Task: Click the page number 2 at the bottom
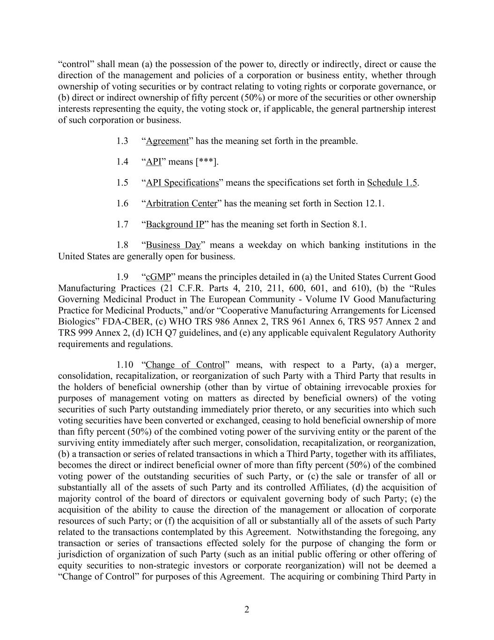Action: point(247,610)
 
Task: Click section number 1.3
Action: point(122,141)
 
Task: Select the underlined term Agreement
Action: point(167,141)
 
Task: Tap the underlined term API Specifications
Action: point(182,183)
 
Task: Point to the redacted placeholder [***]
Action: point(206,162)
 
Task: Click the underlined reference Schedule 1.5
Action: point(392,183)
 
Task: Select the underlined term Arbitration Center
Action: point(182,203)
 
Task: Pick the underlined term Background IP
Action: point(175,224)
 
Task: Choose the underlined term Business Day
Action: point(173,245)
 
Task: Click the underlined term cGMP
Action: point(158,277)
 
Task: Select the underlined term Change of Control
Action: point(185,365)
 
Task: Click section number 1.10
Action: point(125,365)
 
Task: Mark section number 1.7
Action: point(122,224)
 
